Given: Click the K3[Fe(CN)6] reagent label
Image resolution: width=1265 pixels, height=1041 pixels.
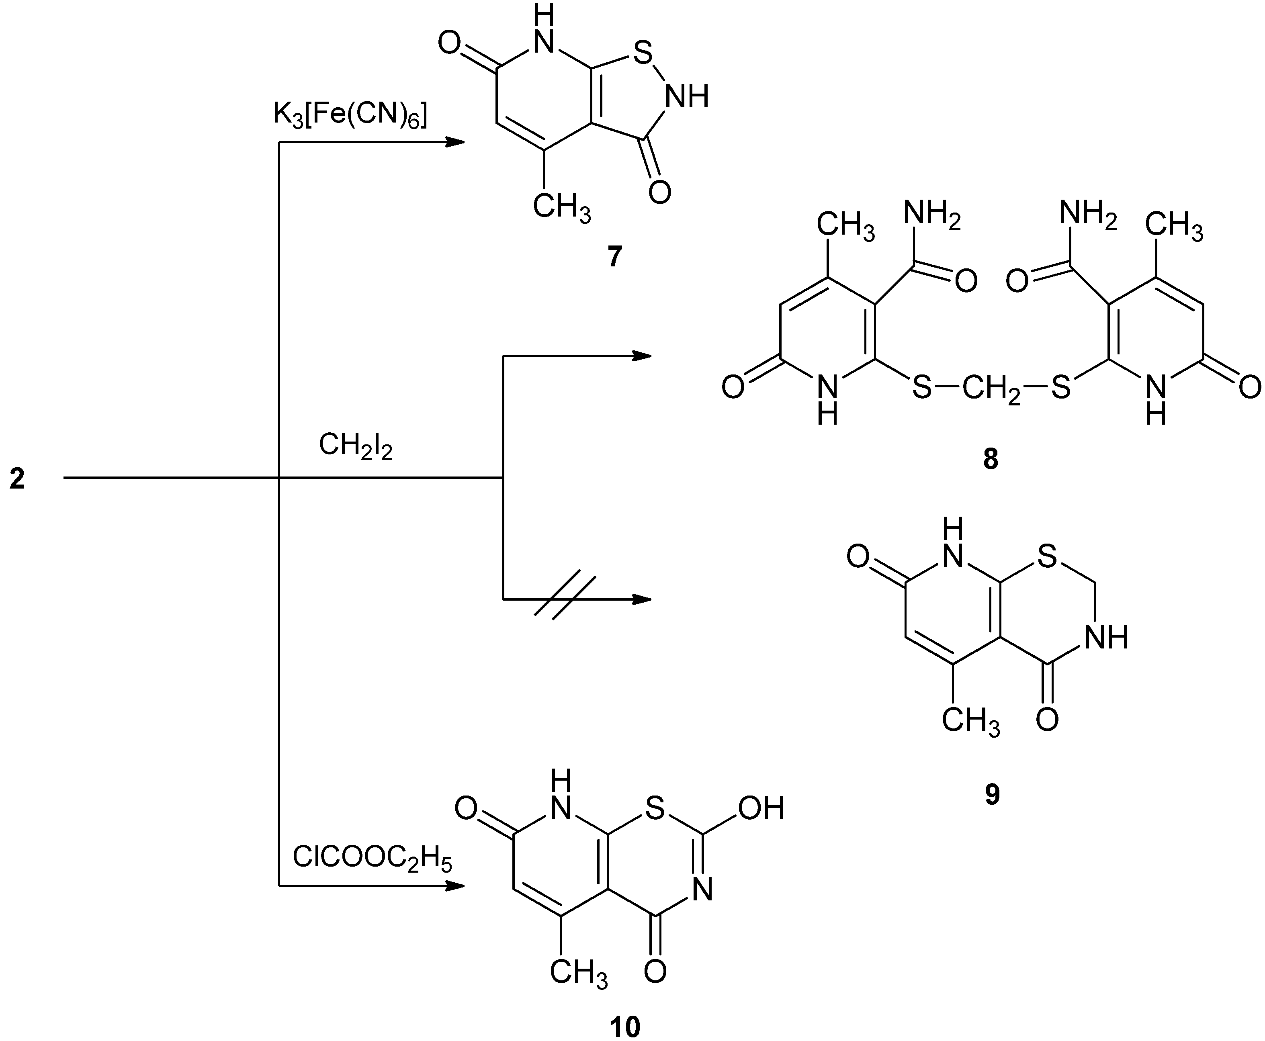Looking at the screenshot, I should point(350,113).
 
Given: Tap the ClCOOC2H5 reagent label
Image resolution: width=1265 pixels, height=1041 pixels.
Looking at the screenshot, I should point(371,859).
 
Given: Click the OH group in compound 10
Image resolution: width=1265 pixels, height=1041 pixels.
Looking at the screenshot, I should point(761,808).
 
